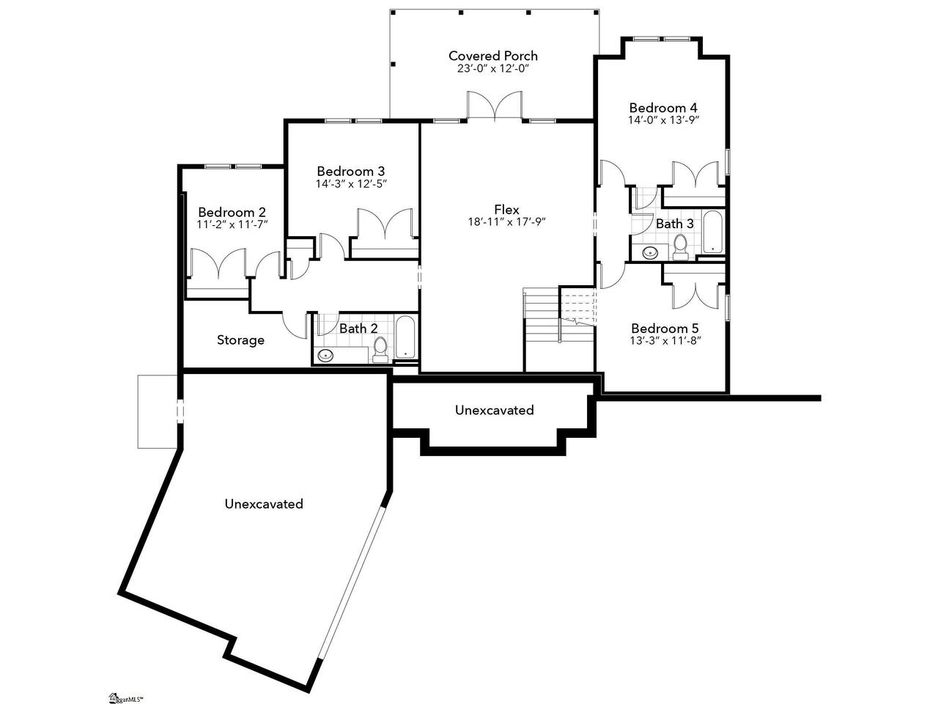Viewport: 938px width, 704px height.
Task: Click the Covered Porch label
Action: [x=492, y=56]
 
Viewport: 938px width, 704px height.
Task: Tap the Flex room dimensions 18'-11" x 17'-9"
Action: [x=507, y=222]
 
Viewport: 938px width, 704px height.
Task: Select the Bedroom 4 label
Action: [x=663, y=107]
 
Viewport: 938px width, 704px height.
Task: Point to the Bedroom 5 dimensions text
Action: [x=665, y=341]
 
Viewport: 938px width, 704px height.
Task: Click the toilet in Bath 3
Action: [x=679, y=248]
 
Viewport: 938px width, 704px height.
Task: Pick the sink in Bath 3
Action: [x=651, y=252]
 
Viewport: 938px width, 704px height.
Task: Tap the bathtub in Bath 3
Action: [x=712, y=231]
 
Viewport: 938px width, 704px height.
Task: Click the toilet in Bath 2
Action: [x=380, y=349]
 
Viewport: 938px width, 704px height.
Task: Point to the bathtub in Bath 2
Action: [x=405, y=337]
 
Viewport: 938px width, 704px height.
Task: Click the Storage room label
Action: [x=240, y=340]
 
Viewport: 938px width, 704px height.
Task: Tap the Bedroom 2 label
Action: [x=232, y=212]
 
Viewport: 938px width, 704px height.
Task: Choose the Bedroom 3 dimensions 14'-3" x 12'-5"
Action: [x=351, y=184]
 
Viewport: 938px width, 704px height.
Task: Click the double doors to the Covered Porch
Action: [x=495, y=105]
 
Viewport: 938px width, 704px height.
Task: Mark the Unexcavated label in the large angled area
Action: [x=264, y=504]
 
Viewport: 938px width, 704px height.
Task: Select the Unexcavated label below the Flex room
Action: [x=495, y=411]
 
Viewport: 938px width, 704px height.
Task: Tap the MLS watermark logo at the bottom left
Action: [x=125, y=698]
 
